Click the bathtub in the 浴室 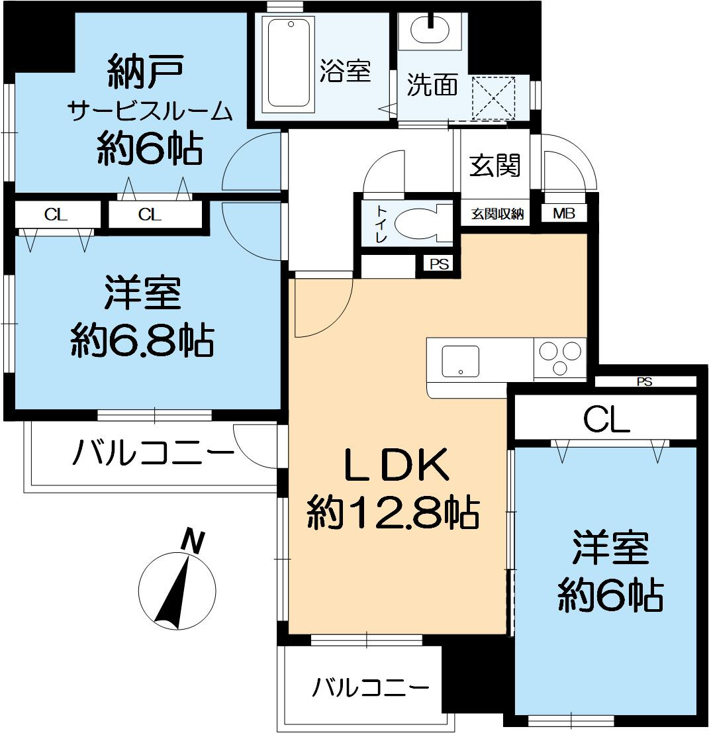(289, 64)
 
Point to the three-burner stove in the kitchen (559, 358)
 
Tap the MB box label (564, 214)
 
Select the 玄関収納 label (498, 214)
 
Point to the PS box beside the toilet (439, 264)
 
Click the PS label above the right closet (644, 381)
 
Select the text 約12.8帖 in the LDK (393, 513)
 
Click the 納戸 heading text (144, 73)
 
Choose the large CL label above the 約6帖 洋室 (605, 420)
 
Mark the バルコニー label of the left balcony (153, 454)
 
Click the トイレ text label (383, 223)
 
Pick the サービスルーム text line (151, 111)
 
